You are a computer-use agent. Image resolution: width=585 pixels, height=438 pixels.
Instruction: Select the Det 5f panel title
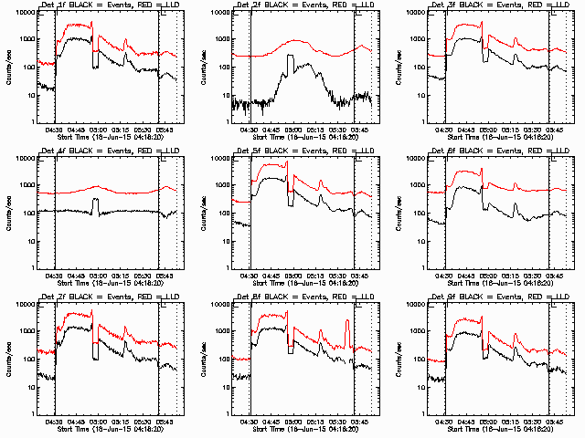pyautogui.click(x=307, y=151)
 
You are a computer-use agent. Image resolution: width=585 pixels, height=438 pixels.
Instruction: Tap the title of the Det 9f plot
pyautogui.click(x=503, y=297)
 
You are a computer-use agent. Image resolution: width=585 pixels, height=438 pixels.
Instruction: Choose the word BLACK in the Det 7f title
pyautogui.click(x=80, y=297)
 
